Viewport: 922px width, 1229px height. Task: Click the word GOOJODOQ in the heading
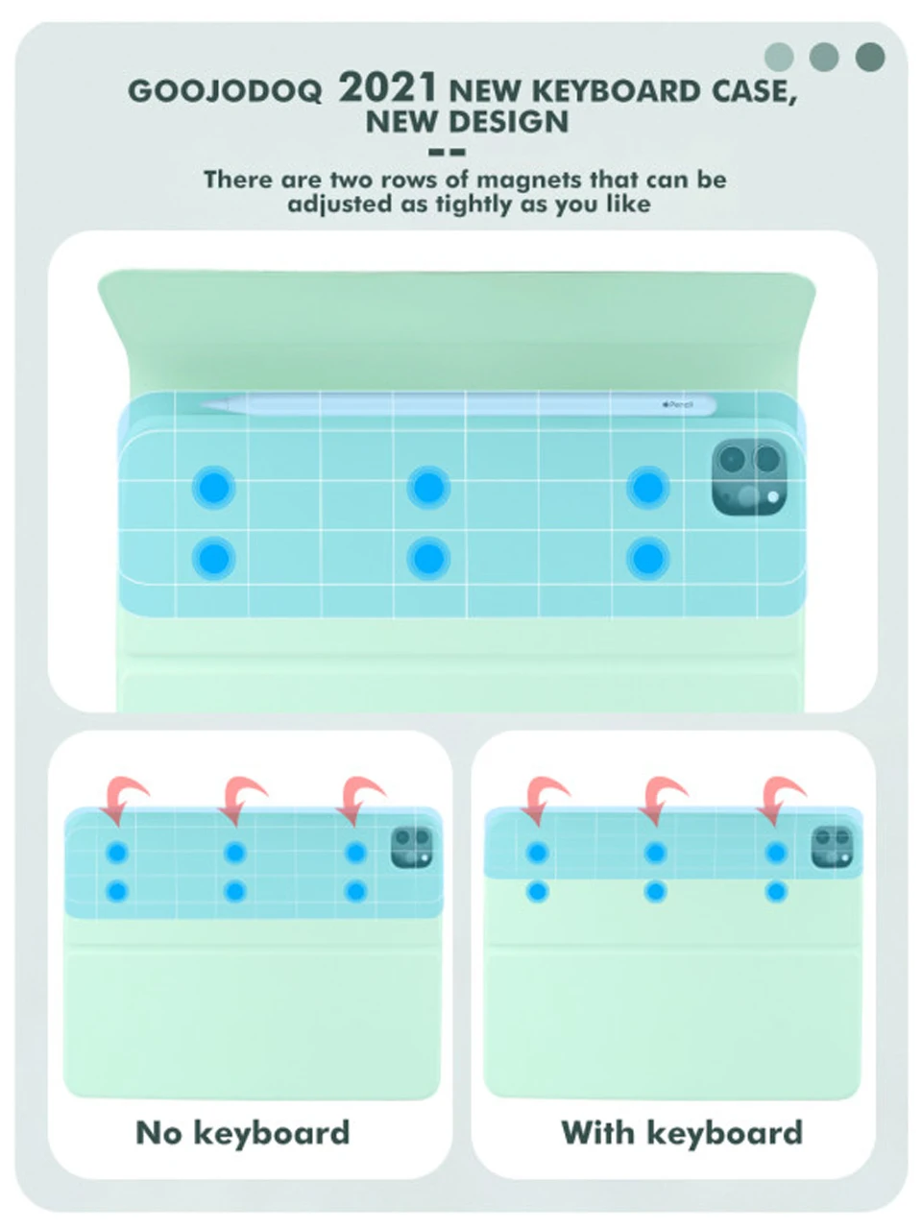225,90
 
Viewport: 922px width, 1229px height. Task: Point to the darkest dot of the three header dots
869,57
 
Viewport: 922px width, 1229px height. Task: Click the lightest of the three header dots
779,57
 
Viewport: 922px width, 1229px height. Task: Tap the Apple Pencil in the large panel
458,405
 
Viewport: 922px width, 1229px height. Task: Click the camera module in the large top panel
749,476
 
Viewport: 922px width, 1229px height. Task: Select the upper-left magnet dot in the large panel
213,487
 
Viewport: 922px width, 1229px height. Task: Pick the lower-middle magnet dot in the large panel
428,558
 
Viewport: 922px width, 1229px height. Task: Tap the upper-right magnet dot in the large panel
647,487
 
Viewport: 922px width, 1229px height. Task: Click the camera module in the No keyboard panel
411,847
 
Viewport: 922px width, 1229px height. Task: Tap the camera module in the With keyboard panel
833,847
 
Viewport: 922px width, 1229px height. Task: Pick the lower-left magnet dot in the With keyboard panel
538,891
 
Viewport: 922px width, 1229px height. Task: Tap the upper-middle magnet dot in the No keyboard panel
235,853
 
